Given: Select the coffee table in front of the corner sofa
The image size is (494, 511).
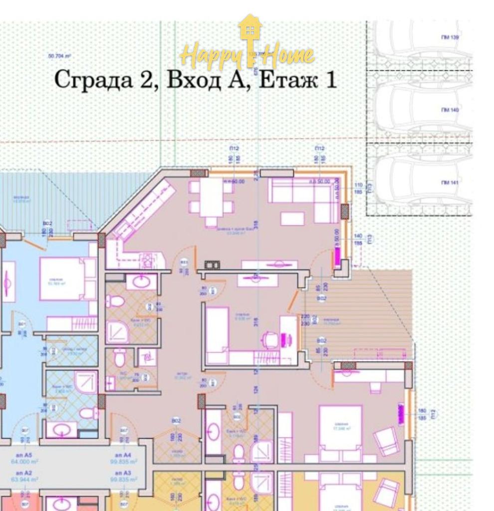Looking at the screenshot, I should pyautogui.click(x=292, y=219).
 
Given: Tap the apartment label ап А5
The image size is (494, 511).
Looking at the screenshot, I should pyautogui.click(x=24, y=455).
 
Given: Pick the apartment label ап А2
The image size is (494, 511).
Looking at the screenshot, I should pyautogui.click(x=24, y=472).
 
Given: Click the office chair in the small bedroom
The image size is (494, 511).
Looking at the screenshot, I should pyautogui.click(x=269, y=341).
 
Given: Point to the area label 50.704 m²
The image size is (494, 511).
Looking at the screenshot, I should pyautogui.click(x=59, y=56).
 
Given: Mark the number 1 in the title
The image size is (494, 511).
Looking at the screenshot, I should pyautogui.click(x=330, y=80).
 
